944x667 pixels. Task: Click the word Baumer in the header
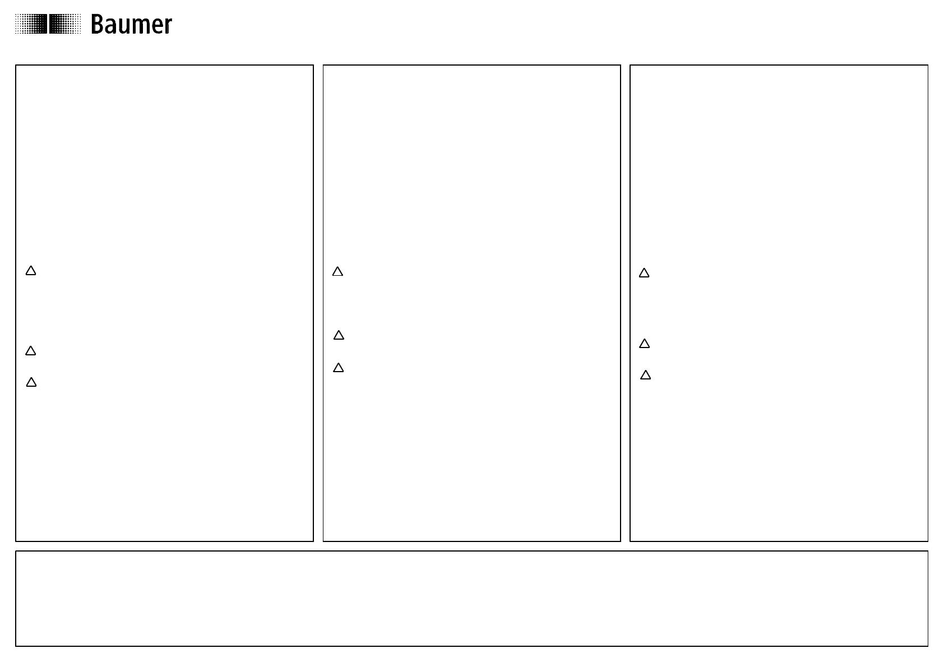click(131, 24)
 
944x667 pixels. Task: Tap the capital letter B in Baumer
click(98, 24)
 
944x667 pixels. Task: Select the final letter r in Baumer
click(168, 26)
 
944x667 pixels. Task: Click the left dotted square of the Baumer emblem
click(31, 24)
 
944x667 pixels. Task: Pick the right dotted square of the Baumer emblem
click(65, 24)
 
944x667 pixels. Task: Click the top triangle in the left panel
click(31, 271)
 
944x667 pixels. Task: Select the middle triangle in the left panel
click(31, 350)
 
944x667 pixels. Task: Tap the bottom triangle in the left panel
click(31, 382)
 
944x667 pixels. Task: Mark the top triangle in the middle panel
click(337, 271)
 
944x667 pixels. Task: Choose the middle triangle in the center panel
click(339, 335)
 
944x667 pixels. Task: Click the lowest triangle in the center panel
click(339, 368)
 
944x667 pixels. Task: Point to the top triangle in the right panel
click(644, 273)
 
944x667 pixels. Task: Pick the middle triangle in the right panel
click(644, 344)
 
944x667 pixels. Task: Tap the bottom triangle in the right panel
click(646, 375)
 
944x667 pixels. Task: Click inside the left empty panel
click(164, 169)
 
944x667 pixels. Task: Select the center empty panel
click(471, 169)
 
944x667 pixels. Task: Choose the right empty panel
click(779, 169)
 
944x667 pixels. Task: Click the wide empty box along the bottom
click(471, 598)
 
